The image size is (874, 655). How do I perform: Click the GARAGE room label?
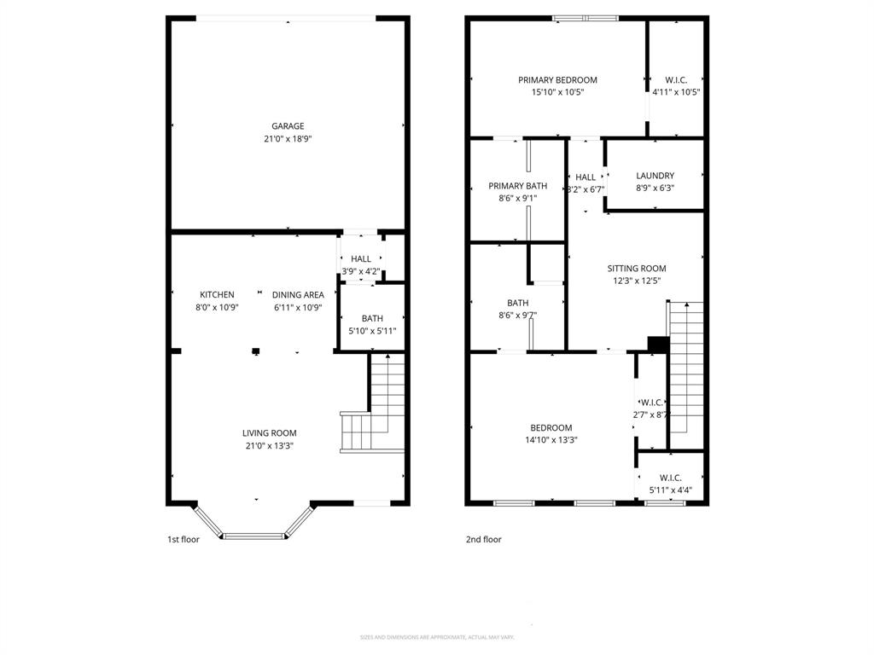click(288, 126)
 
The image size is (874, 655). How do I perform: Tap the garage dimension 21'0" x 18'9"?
click(288, 138)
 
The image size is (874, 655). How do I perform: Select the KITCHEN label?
click(217, 295)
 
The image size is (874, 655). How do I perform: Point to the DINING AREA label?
click(298, 295)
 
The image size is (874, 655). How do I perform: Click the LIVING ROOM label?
click(269, 433)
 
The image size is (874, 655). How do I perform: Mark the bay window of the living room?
click(254, 535)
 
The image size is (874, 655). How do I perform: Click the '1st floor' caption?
click(183, 539)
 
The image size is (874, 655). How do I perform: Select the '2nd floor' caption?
click(483, 539)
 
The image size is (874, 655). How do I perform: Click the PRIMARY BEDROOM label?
click(557, 80)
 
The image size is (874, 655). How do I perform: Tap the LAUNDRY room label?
click(655, 176)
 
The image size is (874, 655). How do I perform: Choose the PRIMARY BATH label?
click(517, 186)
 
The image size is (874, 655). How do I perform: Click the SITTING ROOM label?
click(636, 268)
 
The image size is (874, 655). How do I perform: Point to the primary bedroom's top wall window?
click(586, 18)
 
